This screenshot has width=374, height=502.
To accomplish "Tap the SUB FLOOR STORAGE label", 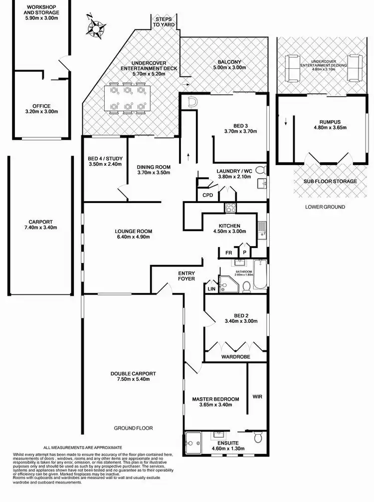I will (330, 181).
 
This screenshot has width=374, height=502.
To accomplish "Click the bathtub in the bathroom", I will (260, 275).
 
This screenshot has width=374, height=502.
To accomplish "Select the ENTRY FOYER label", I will (187, 275).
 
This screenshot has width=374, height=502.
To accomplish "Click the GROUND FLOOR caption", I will (133, 428).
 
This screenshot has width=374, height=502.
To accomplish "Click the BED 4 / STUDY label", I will (105, 160).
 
